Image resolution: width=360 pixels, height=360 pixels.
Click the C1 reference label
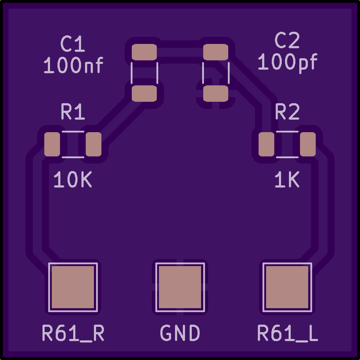pyautogui.click(x=72, y=44)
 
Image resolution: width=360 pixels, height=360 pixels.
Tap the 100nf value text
pyautogui.click(x=74, y=65)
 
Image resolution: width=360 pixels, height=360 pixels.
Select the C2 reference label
pyautogui.click(x=287, y=40)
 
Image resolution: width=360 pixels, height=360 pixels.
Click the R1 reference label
pyautogui.click(x=73, y=111)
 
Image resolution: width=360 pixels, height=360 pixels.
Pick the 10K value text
pyautogui.click(x=73, y=179)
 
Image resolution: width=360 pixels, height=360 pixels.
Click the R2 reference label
pyautogui.click(x=287, y=111)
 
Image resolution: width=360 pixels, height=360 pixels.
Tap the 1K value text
pyautogui.click(x=287, y=179)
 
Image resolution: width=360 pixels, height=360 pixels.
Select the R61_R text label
pyautogui.click(x=73, y=333)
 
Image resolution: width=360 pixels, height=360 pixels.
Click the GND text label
pyautogui.click(x=180, y=333)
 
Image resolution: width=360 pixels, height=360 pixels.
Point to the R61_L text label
pyautogui.click(x=288, y=333)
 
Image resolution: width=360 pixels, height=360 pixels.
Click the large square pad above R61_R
pyautogui.click(x=73, y=287)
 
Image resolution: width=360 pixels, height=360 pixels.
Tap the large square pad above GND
pyautogui.click(x=180, y=287)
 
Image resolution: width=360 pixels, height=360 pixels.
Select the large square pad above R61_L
pyautogui.click(x=287, y=287)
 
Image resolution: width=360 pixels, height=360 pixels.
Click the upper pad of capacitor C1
pyautogui.click(x=144, y=52)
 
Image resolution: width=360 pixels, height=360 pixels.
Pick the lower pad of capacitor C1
pyautogui.click(x=144, y=94)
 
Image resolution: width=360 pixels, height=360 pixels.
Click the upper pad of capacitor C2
pyautogui.click(x=216, y=52)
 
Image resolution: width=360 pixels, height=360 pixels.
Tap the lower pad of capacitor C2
pyautogui.click(x=216, y=94)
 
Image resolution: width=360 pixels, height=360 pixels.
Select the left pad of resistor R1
pyautogui.click(x=52, y=144)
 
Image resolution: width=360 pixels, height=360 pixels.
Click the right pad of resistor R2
pyautogui.click(x=307, y=144)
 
